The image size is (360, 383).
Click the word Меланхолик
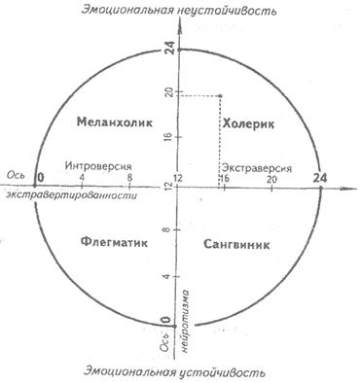click(115, 122)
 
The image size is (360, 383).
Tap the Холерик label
click(249, 124)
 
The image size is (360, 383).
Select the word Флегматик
click(114, 242)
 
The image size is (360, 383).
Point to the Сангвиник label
click(236, 244)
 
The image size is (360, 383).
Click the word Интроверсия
click(98, 166)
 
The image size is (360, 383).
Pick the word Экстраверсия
click(257, 168)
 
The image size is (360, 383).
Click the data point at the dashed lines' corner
click(220, 96)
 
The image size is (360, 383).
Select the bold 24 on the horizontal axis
click(320, 178)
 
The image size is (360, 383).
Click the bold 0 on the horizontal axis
click(41, 177)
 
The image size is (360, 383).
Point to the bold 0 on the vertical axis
click(165, 321)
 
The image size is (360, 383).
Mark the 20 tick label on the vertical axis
click(169, 92)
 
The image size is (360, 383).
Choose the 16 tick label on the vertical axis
click(169, 137)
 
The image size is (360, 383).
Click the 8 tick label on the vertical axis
click(168, 229)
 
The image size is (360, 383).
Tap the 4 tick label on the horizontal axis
click(82, 178)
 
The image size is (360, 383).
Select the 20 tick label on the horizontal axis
click(271, 179)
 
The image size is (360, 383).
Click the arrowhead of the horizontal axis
click(348, 188)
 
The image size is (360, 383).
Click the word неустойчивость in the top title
click(228, 10)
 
